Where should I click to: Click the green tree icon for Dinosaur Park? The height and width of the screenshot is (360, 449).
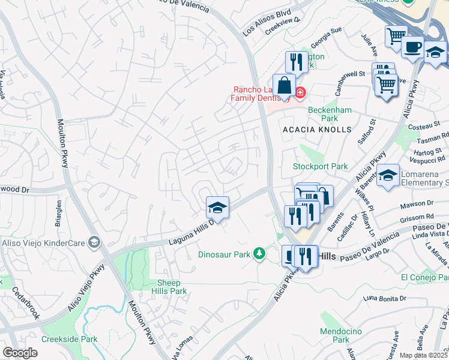tap(259, 254)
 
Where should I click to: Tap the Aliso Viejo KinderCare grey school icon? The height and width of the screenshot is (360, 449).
tap(94, 242)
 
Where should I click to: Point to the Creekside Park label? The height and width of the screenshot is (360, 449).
tap(69, 339)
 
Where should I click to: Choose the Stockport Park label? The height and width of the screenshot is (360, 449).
tap(320, 166)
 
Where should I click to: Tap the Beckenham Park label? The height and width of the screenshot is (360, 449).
tap(328, 115)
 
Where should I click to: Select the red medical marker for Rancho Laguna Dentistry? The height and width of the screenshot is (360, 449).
tap(300, 93)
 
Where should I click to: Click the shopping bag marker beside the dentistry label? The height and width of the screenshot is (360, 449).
tap(284, 85)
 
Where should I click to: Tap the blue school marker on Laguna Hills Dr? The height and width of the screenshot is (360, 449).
tap(217, 208)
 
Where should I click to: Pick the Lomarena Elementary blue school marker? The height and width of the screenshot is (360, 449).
tap(388, 175)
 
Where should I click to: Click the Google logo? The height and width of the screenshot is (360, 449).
tap(20, 353)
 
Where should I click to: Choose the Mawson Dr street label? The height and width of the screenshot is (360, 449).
tap(415, 203)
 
